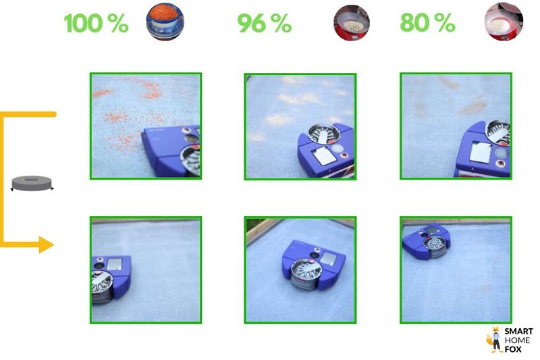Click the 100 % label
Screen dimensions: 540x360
[x=96, y=23]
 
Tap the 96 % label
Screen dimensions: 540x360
[x=265, y=23]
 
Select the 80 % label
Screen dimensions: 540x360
[x=427, y=23]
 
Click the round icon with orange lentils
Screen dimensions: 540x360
[x=165, y=22]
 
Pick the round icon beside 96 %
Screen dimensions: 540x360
[x=352, y=23]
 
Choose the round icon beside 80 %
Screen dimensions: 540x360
[x=504, y=22]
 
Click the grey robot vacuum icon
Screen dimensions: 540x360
[x=32, y=183]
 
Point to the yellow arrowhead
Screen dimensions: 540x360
[x=46, y=245]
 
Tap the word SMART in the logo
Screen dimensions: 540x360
[x=519, y=332]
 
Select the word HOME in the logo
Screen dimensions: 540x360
[x=517, y=340]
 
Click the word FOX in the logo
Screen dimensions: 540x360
[x=513, y=349]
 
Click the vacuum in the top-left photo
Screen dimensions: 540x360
[x=171, y=151]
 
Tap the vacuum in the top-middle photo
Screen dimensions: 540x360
[x=326, y=150]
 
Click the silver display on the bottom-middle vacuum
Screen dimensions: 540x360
[x=327, y=259]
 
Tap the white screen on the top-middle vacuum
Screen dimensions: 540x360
[x=324, y=155]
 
